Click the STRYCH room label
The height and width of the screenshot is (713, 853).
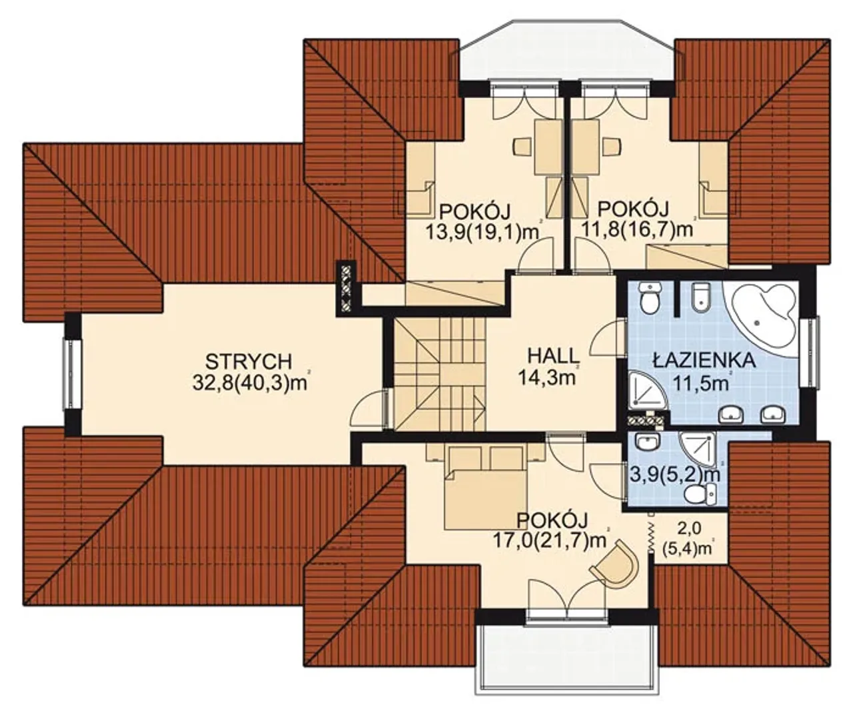click(x=249, y=361)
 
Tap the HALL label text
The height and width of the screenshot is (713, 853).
click(x=553, y=355)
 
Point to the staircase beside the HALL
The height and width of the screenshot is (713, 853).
click(x=440, y=373)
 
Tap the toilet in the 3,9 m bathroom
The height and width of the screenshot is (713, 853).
click(x=700, y=494)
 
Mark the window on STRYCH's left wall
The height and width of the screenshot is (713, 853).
click(x=72, y=373)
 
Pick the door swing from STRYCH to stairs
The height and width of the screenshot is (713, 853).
click(x=369, y=408)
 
